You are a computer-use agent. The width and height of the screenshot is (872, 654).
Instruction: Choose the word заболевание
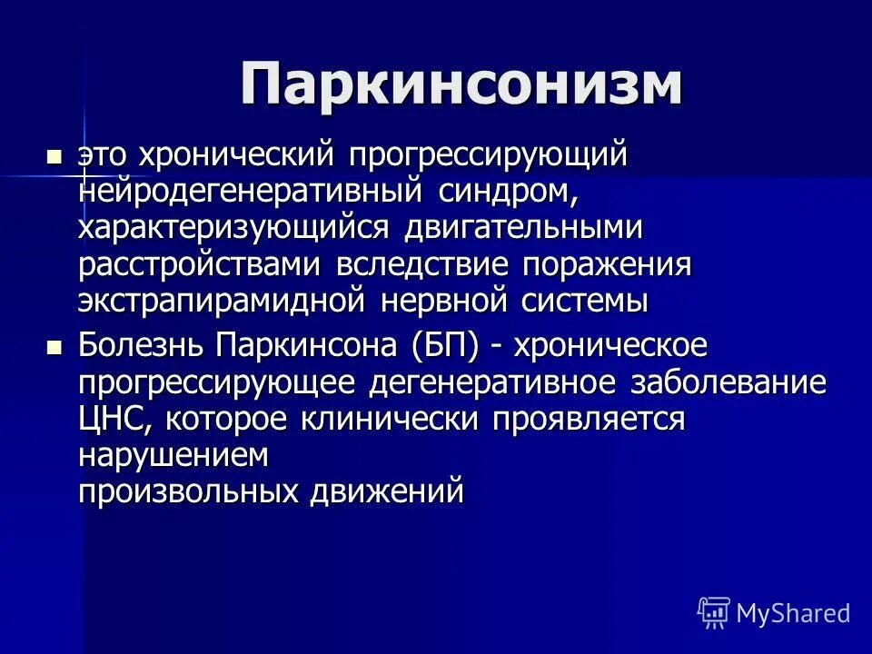(728, 382)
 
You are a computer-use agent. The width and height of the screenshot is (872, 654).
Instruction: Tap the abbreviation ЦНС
(108, 419)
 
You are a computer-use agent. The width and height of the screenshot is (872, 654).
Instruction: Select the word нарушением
(173, 455)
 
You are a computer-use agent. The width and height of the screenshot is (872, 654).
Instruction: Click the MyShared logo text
(793, 613)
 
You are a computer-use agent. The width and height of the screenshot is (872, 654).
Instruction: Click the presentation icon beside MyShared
(713, 613)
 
